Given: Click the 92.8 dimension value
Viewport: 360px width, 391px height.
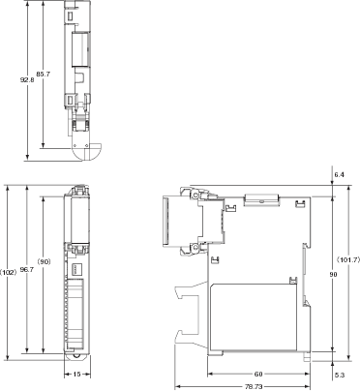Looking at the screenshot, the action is pos(27,79).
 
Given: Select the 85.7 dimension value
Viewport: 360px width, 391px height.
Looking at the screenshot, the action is pos(44,74).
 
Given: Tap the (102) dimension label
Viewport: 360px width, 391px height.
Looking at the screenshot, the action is pos(8,272).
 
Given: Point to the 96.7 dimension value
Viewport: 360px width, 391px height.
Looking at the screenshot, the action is pos(27,270).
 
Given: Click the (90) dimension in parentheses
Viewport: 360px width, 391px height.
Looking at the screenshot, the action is pos(44,262).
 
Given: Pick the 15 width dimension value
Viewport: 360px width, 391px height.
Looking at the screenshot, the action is pos(76,375).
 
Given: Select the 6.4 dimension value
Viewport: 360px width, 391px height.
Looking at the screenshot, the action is pos(340,175).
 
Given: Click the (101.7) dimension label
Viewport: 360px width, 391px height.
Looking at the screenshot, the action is pos(347,259).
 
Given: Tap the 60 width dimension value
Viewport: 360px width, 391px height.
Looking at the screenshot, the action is pos(258,375).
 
